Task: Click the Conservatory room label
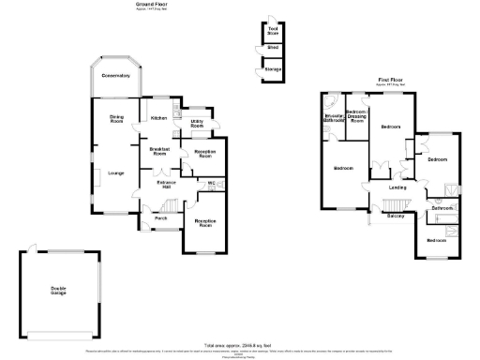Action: click(x=116, y=75)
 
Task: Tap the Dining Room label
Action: click(x=116, y=119)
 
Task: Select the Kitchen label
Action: click(x=159, y=118)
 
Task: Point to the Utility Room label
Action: click(x=198, y=123)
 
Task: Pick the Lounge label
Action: click(x=117, y=172)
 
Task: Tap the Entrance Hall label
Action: click(x=168, y=184)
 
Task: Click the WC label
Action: click(x=212, y=182)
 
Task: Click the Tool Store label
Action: click(x=273, y=30)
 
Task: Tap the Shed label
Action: click(x=272, y=47)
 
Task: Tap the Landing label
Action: click(x=397, y=187)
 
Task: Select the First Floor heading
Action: click(x=392, y=81)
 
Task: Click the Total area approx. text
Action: click(x=240, y=345)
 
